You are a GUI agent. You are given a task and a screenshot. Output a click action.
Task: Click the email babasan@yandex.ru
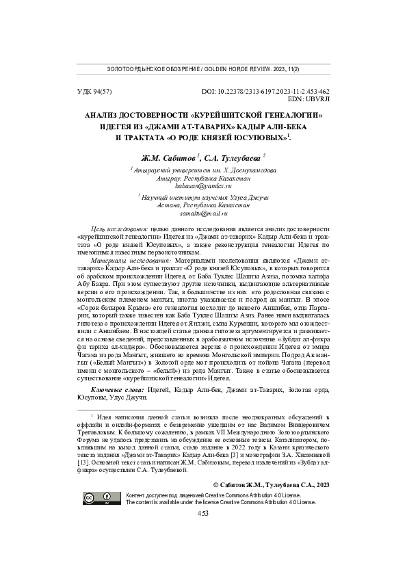pos(203,185)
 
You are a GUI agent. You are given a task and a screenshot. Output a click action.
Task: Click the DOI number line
pos(266,91)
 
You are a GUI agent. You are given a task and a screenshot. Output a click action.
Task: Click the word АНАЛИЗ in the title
pos(103,116)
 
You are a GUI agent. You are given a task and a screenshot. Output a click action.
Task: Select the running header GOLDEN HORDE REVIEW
pos(235,70)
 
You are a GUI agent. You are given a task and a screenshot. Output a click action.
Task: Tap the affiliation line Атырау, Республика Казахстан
pos(203,177)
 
